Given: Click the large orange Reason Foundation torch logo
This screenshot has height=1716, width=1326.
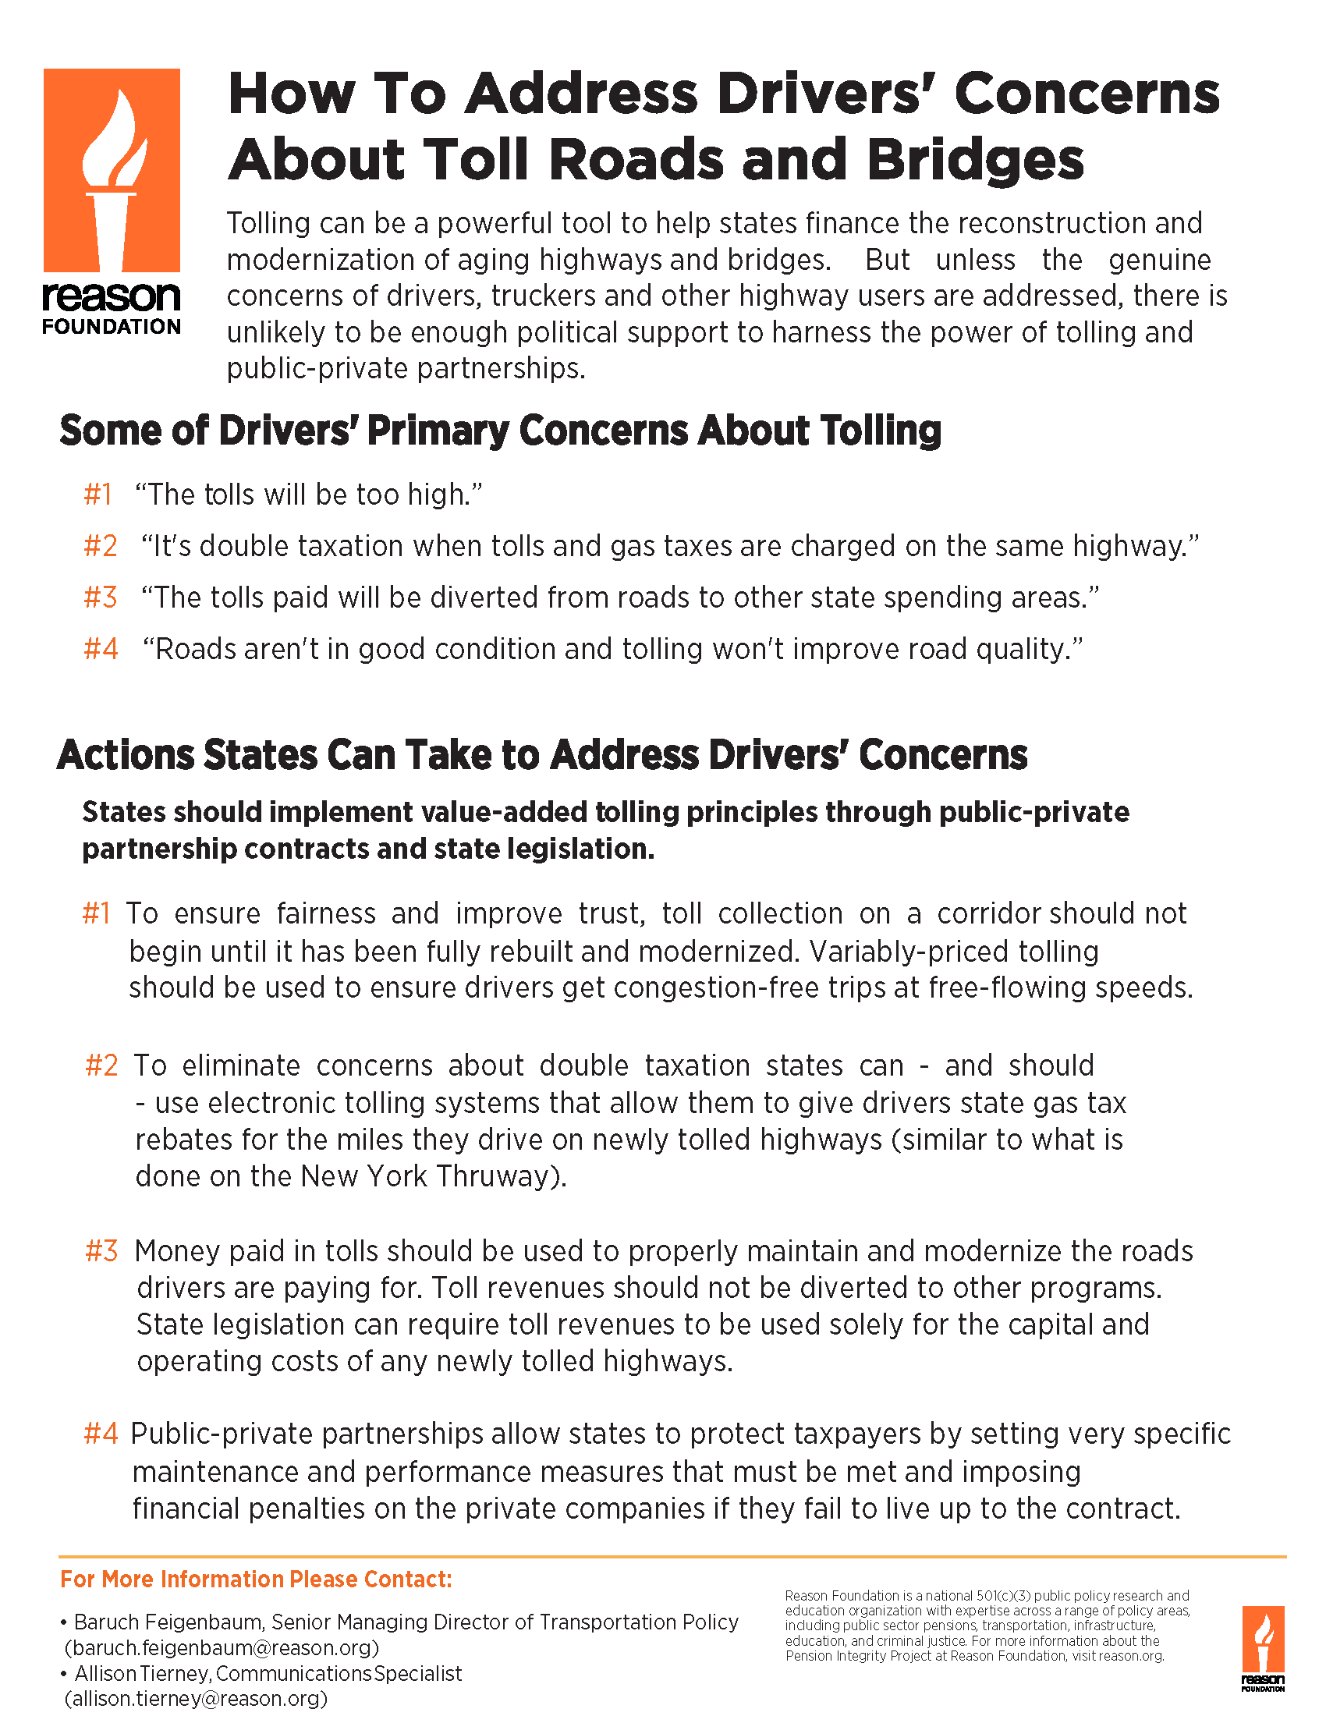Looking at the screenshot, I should click(112, 171).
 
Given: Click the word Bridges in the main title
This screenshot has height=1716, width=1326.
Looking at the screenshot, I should click(976, 160).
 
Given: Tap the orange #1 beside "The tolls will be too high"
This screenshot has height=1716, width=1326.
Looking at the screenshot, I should click(98, 495).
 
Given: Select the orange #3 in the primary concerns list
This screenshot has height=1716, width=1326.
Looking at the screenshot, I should click(101, 598).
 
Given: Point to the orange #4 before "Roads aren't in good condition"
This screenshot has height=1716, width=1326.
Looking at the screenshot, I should click(101, 650).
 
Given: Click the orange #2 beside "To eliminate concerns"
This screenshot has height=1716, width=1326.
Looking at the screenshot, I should click(102, 1066).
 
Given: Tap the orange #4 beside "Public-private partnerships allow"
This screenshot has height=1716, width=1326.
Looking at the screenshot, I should click(101, 1434).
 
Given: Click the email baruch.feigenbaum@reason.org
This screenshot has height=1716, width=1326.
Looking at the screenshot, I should click(222, 1647).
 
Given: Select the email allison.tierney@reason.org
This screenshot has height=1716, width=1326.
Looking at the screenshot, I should click(196, 1699).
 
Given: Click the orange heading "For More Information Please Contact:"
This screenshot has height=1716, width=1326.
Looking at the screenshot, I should click(256, 1579).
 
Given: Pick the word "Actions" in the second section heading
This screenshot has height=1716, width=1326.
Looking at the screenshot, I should click(126, 755).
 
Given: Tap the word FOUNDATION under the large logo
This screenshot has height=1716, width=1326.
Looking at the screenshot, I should click(112, 327).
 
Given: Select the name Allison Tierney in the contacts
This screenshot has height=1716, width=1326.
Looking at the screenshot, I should click(144, 1674).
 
